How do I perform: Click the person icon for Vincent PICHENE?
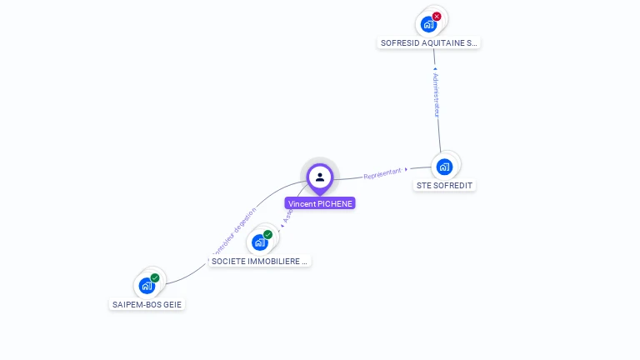pyautogui.click(x=320, y=177)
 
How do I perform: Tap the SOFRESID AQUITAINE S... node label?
pyautogui.click(x=429, y=42)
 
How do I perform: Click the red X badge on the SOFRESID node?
pyautogui.click(x=437, y=17)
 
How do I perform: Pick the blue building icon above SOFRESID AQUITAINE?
pyautogui.click(x=428, y=24)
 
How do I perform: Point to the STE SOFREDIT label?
pyautogui.click(x=445, y=185)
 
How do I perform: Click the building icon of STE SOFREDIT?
pyautogui.click(x=444, y=166)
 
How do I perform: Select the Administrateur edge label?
pyautogui.click(x=436, y=94)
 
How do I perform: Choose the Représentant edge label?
pyautogui.click(x=382, y=172)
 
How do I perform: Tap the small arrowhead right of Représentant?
pyautogui.click(x=407, y=169)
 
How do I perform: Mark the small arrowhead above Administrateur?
pyautogui.click(x=435, y=69)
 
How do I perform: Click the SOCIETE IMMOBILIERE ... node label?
pyautogui.click(x=260, y=261)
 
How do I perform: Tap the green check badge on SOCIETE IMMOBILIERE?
pyautogui.click(x=268, y=235)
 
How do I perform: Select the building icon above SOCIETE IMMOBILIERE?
pyautogui.click(x=260, y=242)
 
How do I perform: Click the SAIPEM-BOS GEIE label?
pyautogui.click(x=147, y=304)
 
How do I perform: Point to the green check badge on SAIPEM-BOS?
pyautogui.click(x=155, y=278)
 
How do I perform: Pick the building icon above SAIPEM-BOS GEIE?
pyautogui.click(x=147, y=286)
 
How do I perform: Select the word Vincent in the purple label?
pyautogui.click(x=302, y=203)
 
